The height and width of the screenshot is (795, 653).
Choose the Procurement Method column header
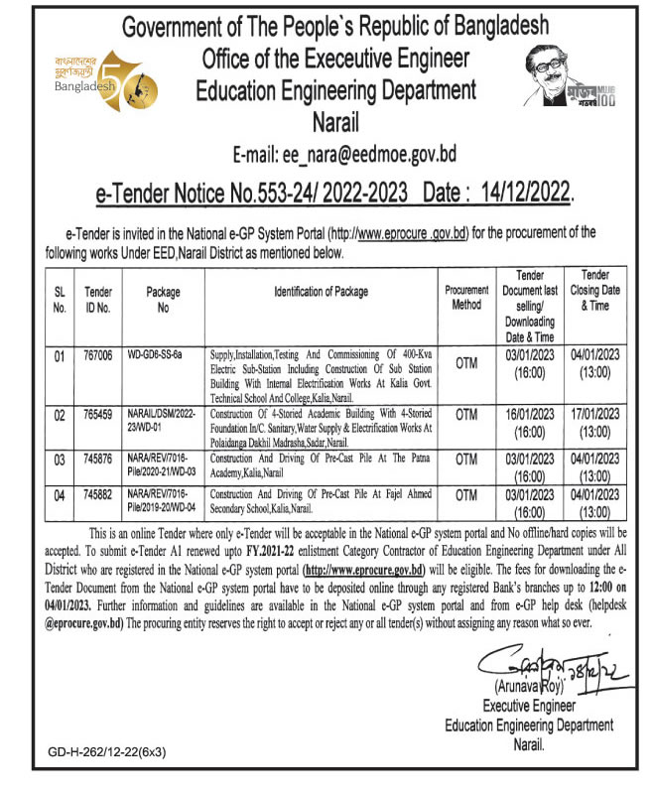466,298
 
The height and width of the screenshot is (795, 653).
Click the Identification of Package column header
321,292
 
